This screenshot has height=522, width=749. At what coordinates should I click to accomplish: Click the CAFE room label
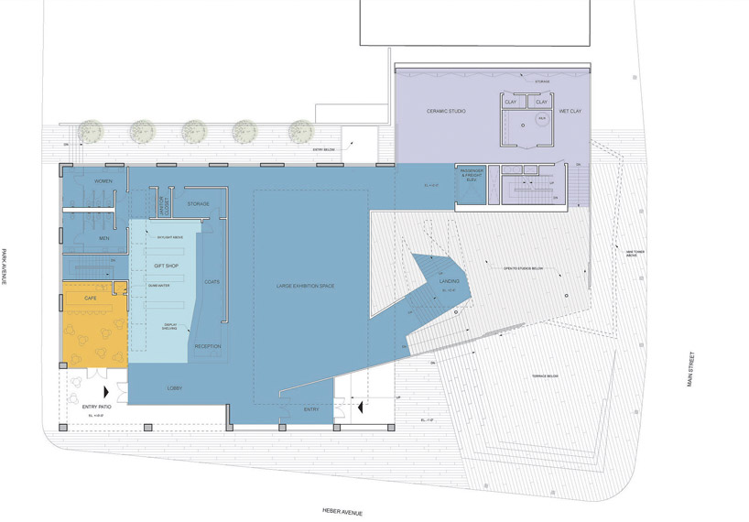pos(90,299)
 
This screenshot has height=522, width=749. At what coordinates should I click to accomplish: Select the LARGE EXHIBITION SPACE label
pos(305,287)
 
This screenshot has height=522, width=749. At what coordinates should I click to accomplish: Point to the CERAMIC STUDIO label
pos(447,111)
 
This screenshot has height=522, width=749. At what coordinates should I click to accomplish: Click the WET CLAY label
pos(570,111)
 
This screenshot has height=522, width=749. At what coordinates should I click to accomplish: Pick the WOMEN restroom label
pos(103,181)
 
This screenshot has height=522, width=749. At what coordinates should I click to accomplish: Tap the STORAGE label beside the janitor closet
pos(199,203)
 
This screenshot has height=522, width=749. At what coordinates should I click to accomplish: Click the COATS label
pos(212,281)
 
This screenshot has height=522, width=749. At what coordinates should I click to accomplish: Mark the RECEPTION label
pos(208,346)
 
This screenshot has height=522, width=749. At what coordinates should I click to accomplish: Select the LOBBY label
pos(175,388)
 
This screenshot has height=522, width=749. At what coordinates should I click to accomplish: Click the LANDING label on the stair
pos(449,282)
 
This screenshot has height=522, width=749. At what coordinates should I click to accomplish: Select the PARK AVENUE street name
pos(5,266)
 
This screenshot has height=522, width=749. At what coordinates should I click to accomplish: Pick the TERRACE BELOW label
pos(545,376)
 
